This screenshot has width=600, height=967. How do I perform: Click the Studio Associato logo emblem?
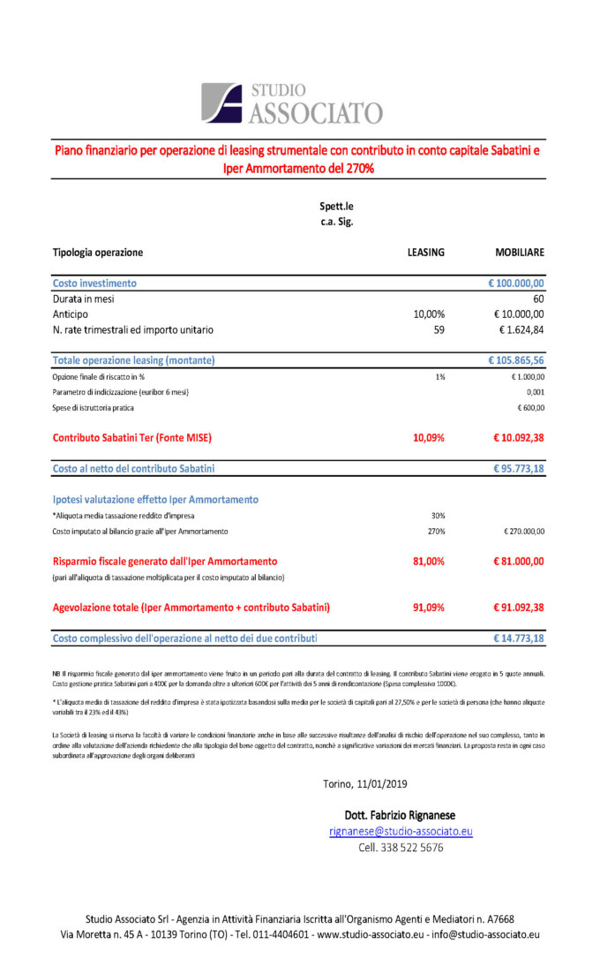tap(221, 102)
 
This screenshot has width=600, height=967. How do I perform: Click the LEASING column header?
tap(425, 253)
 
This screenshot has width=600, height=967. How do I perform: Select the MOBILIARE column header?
tap(520, 253)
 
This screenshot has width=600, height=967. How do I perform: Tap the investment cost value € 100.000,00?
tap(516, 283)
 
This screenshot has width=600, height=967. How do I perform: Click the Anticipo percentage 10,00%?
tap(429, 314)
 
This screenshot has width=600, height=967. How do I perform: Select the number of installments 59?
tap(439, 330)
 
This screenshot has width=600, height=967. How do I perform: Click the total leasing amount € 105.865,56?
tap(516, 360)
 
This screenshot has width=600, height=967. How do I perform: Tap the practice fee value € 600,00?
tap(530, 408)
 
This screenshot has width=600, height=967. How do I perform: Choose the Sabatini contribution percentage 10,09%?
tap(429, 438)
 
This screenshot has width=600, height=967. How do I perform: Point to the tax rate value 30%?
tap(438, 515)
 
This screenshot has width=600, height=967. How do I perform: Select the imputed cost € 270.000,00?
tap(523, 532)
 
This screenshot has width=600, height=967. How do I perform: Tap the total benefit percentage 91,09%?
tap(429, 608)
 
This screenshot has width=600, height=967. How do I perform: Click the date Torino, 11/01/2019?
tap(365, 783)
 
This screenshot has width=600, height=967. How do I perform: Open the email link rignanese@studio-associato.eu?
tap(401, 831)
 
